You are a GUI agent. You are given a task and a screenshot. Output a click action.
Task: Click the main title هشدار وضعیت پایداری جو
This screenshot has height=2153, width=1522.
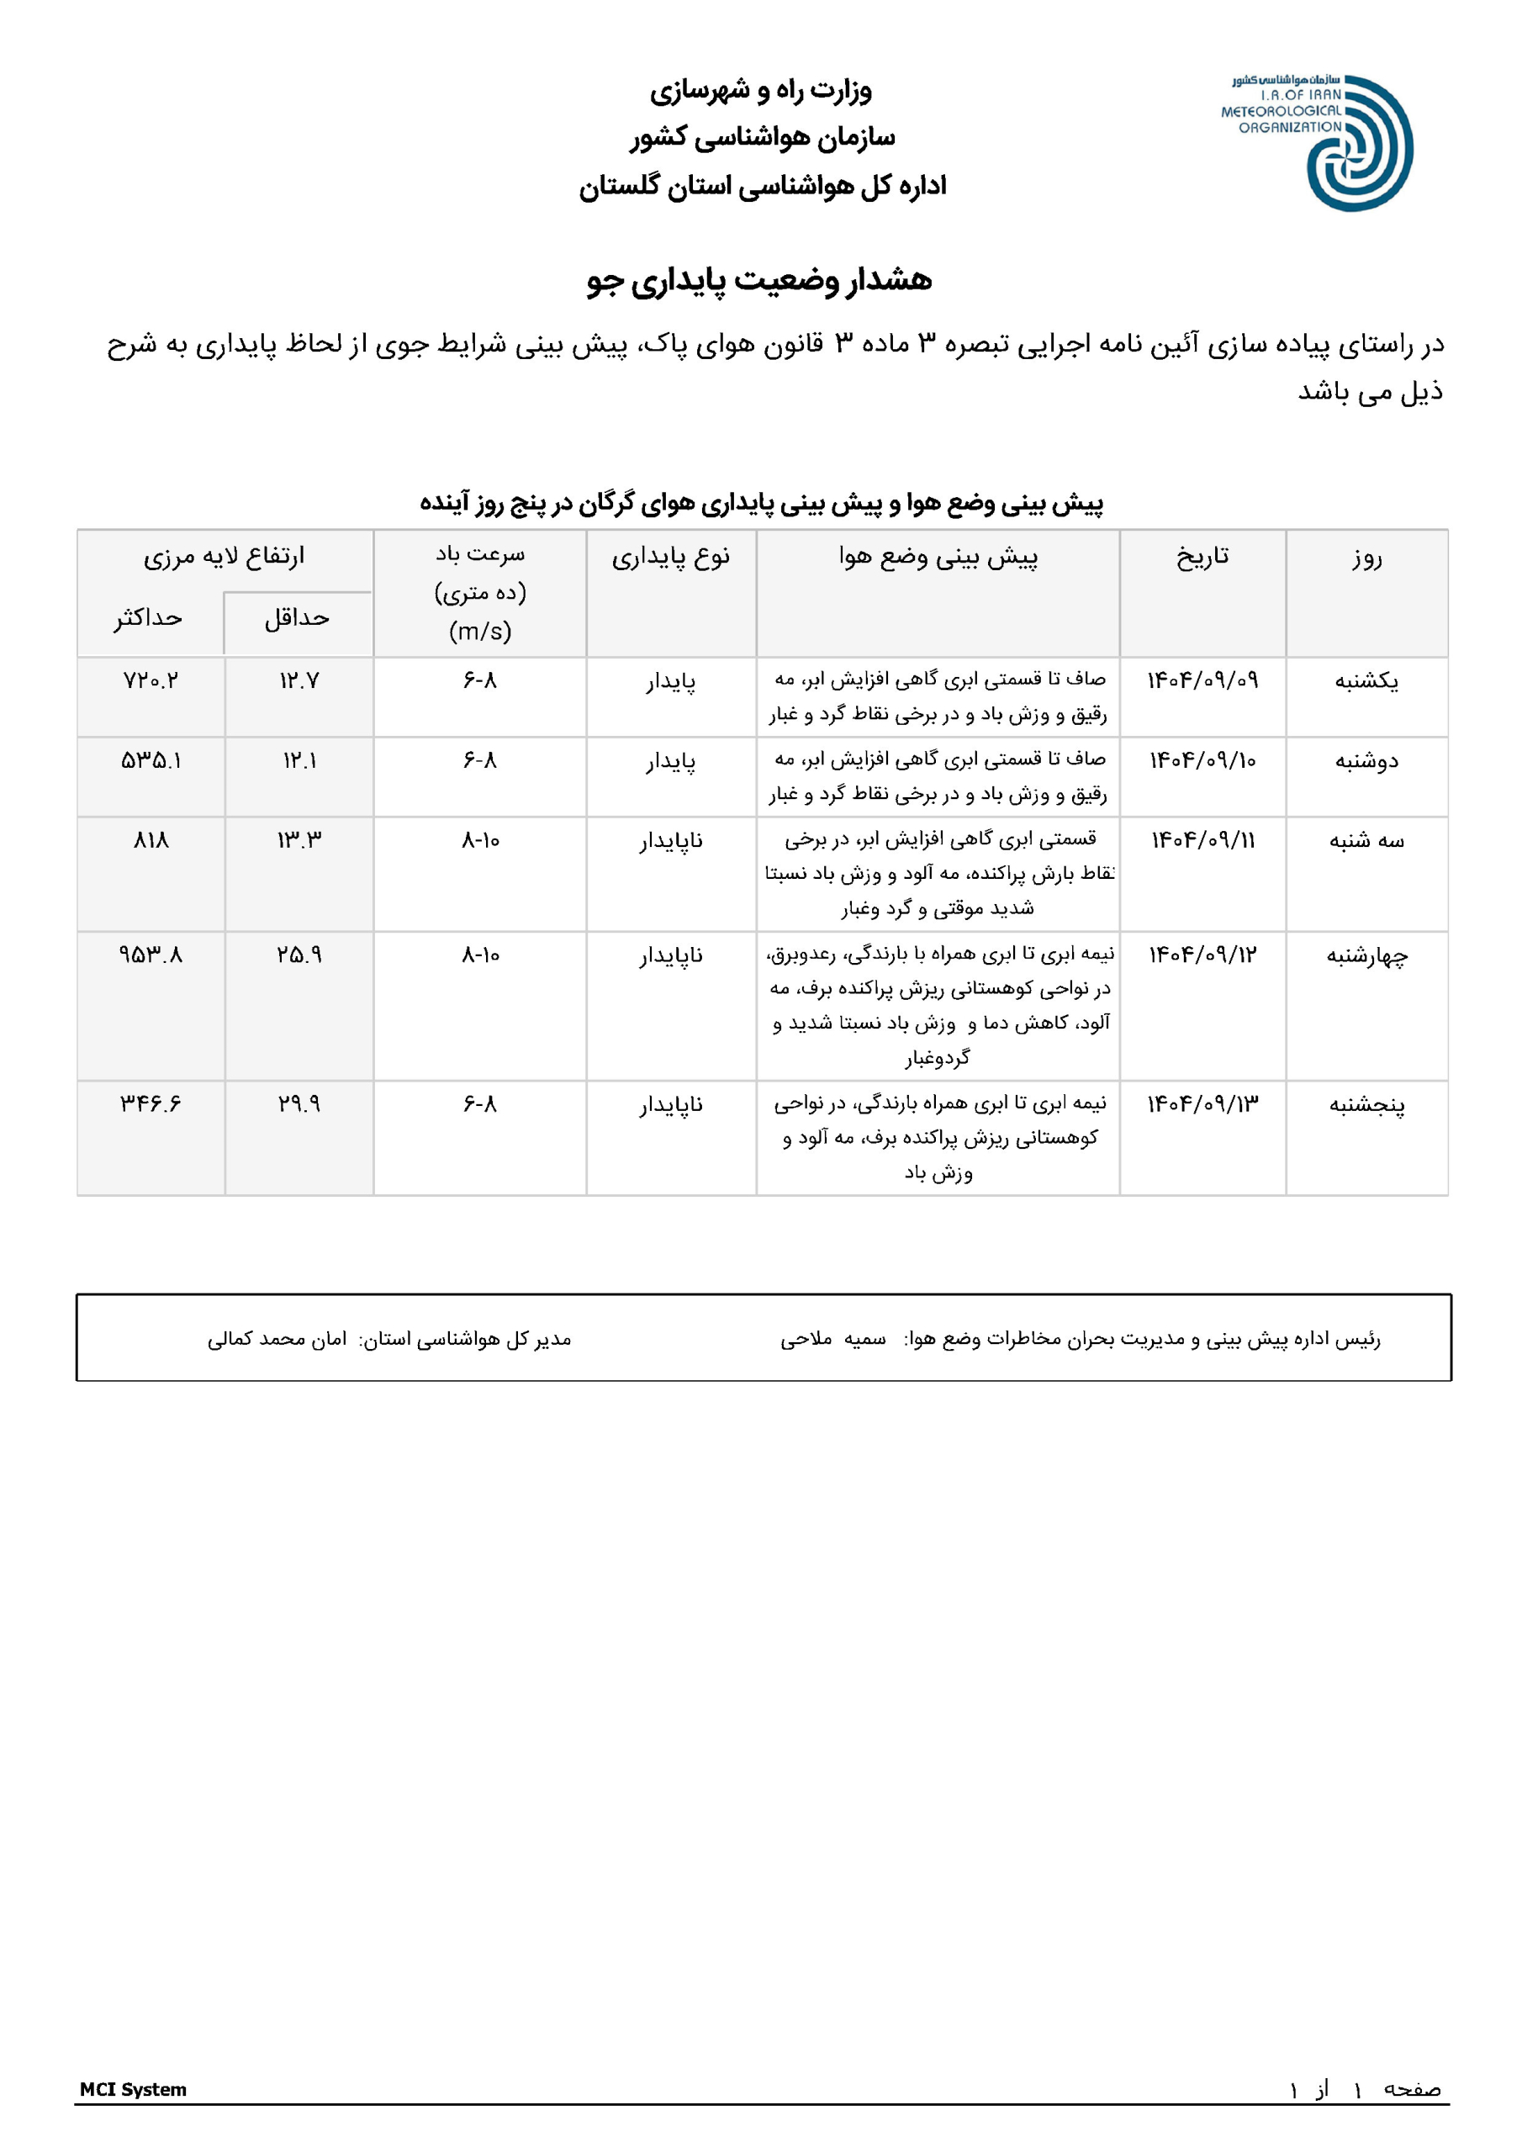(x=759, y=280)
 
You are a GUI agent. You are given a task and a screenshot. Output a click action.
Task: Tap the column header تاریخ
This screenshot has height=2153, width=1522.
(x=1202, y=557)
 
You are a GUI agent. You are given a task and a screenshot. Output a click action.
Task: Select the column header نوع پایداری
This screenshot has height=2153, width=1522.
(x=670, y=557)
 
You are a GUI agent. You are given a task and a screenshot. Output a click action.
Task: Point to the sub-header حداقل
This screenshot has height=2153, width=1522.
(x=298, y=618)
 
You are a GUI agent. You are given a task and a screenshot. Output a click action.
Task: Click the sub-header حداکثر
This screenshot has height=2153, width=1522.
(x=148, y=618)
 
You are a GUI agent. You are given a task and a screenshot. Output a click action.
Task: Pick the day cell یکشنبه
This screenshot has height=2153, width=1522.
(x=1366, y=680)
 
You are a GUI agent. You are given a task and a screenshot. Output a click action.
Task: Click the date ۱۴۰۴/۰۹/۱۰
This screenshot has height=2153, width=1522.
(x=1202, y=760)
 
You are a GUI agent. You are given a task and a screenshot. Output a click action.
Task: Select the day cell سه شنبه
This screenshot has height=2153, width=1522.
(x=1366, y=841)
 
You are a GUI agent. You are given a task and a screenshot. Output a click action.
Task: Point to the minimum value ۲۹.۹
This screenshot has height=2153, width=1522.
(x=299, y=1103)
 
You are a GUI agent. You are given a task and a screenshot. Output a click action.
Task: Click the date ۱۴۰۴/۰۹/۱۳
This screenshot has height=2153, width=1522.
(x=1202, y=1103)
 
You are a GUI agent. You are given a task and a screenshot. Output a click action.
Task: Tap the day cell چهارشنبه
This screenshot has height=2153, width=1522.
(x=1366, y=955)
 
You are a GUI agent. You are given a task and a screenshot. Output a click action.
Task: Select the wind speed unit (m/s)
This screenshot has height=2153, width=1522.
(x=480, y=631)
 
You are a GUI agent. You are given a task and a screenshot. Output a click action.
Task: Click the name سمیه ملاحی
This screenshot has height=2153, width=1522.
(x=832, y=1339)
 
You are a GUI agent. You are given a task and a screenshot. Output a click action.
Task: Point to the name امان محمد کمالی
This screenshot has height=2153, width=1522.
(x=277, y=1339)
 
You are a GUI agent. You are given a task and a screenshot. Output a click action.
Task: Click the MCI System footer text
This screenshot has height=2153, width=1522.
(x=133, y=2089)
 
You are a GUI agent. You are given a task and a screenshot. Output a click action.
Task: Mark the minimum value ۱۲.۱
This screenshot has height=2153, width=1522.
(x=299, y=760)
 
